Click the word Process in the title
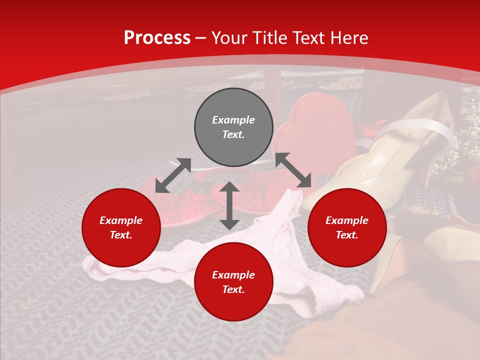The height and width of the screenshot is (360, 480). coord(157,38)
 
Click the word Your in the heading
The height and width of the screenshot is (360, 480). coord(230,38)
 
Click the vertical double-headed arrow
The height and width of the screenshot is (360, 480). coord(229,205)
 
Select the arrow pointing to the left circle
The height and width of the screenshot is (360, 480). coord(173,175)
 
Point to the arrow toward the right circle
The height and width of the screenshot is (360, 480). coord(293,170)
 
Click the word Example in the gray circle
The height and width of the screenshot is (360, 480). coord(233,120)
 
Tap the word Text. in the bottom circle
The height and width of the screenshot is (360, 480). coord(233,289)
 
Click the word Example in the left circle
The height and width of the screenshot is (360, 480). coord(121,220)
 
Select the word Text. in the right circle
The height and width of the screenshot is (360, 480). coord(347,235)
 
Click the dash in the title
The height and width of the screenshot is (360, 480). coord(201,38)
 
